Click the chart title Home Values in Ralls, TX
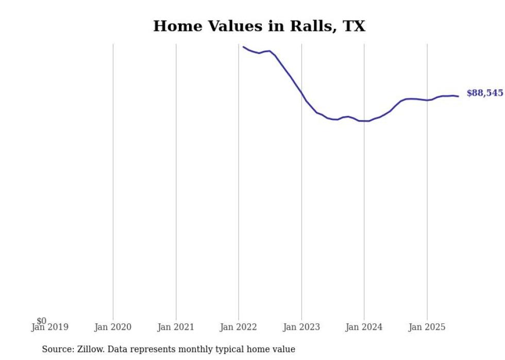pos(259,26)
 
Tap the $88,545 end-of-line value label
pos(484,93)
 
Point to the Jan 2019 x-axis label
pos(50,327)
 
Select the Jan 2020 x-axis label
pos(113,327)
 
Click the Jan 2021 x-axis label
pos(176,327)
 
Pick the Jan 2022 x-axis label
pos(239,327)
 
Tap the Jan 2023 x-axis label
pos(301,327)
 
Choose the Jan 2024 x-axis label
pos(364,327)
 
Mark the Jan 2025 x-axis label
pos(427,327)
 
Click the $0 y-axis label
pos(41,321)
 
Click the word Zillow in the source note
pos(89,349)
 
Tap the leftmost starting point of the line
pos(243,47)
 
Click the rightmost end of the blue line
pos(458,96)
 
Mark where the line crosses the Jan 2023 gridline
pos(301,94)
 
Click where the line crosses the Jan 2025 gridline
pos(427,100)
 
